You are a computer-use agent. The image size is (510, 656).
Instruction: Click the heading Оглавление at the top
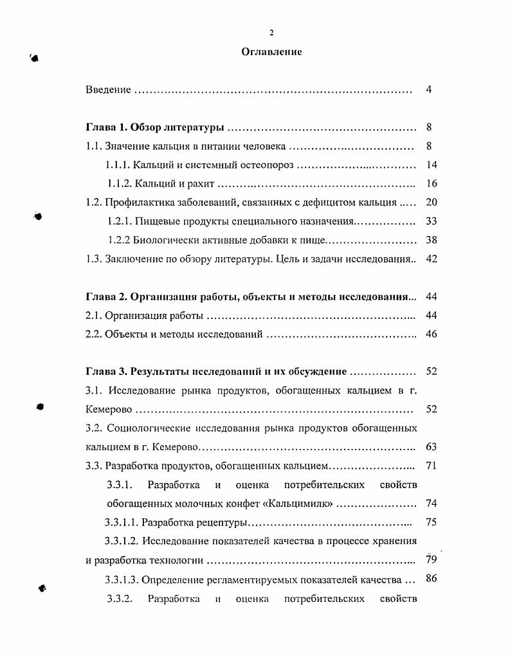pyautogui.click(x=271, y=52)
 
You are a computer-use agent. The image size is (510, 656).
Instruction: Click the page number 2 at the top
pyautogui.click(x=271, y=33)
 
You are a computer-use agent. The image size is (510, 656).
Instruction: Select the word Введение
pyautogui.click(x=108, y=89)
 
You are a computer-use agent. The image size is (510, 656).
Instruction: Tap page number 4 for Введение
pyautogui.click(x=428, y=89)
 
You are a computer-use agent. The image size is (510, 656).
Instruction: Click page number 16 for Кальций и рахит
pyautogui.click(x=431, y=184)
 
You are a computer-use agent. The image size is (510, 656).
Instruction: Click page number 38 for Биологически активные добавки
pyautogui.click(x=431, y=241)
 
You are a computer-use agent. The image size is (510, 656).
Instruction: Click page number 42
pyautogui.click(x=431, y=259)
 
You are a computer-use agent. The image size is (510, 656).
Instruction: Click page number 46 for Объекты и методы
pyautogui.click(x=431, y=334)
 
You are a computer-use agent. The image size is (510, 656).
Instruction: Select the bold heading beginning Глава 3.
pyautogui.click(x=216, y=372)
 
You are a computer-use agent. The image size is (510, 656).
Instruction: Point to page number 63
pyautogui.click(x=431, y=446)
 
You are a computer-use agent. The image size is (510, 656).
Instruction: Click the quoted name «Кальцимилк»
pyautogui.click(x=305, y=503)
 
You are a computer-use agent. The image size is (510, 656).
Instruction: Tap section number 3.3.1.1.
pyautogui.click(x=121, y=522)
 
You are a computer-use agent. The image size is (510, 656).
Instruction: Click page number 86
pyautogui.click(x=431, y=578)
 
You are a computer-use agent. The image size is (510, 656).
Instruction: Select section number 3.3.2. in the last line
pyautogui.click(x=120, y=599)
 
